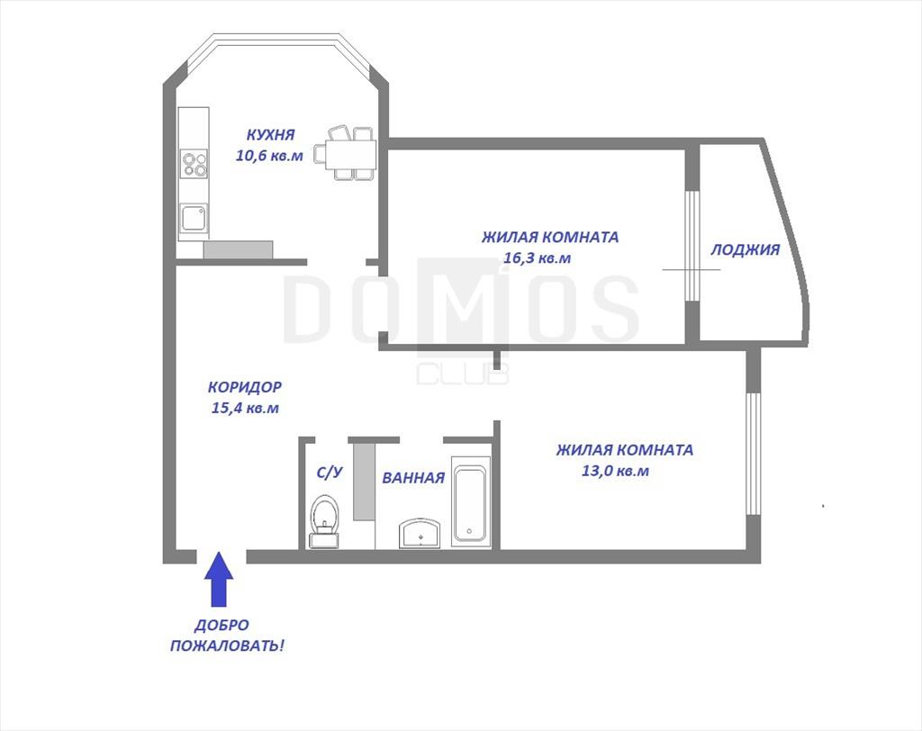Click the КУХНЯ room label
pos(270,135)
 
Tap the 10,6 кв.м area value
pos(269,156)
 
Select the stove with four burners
pos(194,164)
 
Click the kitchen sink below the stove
pos(194,218)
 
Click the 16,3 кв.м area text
pos(538,258)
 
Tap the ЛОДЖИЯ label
pos(745,250)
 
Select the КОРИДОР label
pos(245,387)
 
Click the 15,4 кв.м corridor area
pos(245,408)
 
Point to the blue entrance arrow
pos(219,579)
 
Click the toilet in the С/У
pos(324,521)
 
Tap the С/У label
pos(330,473)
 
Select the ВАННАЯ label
pos(413,478)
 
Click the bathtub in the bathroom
pos(470,502)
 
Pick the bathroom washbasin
pos(419,534)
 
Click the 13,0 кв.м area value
pos(615,471)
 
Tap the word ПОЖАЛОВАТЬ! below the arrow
pos(227,646)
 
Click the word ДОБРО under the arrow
pos(221,625)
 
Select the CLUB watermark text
pos(463,374)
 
